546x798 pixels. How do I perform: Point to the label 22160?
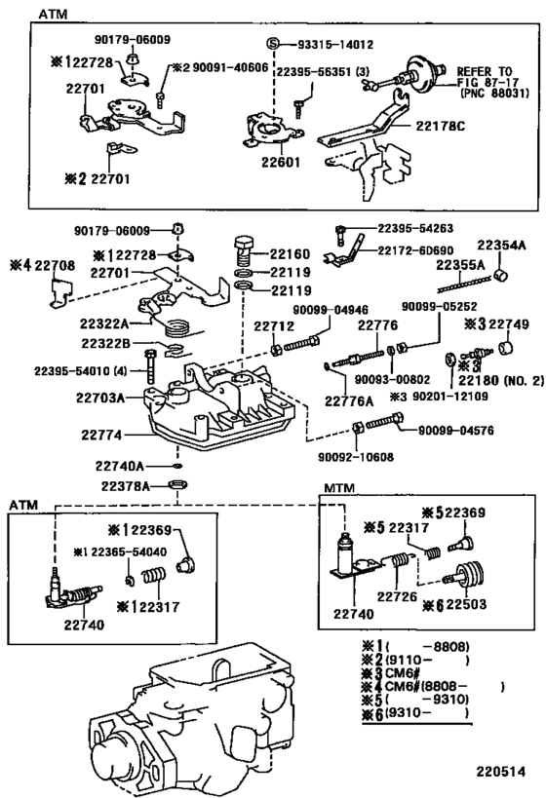coord(289,250)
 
